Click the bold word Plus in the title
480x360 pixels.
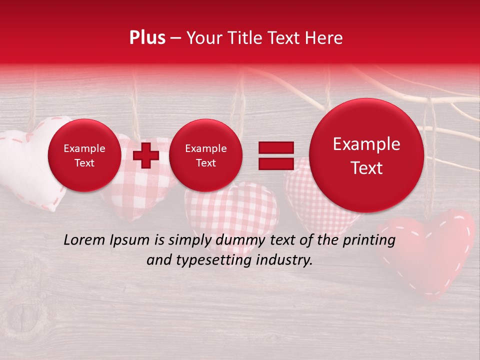pyautogui.click(x=147, y=38)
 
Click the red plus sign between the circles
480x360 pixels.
pyautogui.click(x=146, y=155)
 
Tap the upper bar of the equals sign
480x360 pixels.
pyautogui.click(x=275, y=147)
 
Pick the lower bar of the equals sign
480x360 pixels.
pyautogui.click(x=275, y=163)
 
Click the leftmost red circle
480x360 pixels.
pyautogui.click(x=84, y=155)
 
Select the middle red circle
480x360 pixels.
pyautogui.click(x=205, y=155)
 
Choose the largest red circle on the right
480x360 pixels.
pyautogui.click(x=366, y=155)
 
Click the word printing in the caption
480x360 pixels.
pyautogui.click(x=369, y=240)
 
